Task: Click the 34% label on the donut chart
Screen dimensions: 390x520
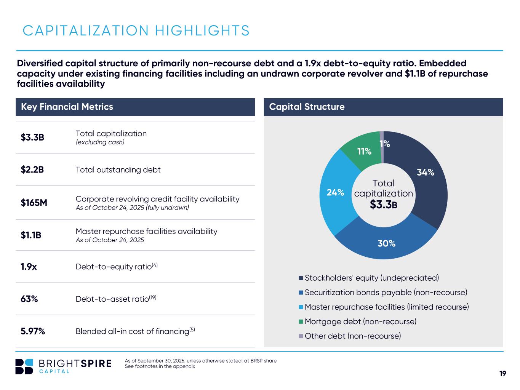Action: (426, 172)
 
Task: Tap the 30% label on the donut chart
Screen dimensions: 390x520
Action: (386, 243)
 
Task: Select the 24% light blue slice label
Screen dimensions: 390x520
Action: (335, 193)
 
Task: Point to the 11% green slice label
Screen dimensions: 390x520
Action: (364, 151)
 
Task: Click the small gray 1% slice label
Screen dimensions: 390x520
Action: (385, 144)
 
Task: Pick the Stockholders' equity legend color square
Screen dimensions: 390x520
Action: (301, 278)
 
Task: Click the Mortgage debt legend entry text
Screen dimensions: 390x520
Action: (360, 321)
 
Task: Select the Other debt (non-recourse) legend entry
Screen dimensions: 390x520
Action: (353, 336)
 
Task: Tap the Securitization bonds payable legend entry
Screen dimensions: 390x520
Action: (386, 292)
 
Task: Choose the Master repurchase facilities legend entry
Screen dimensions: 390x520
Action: (387, 307)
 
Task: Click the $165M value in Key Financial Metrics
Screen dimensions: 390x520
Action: (34, 203)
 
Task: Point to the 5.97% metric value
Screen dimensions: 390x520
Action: (33, 331)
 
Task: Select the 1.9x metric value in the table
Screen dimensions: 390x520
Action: (29, 267)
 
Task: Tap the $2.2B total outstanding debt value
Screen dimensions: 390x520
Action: (32, 170)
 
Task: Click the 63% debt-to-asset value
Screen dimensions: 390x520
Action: (29, 299)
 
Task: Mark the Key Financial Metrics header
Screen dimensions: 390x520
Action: (67, 107)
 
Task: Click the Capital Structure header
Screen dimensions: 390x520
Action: (307, 107)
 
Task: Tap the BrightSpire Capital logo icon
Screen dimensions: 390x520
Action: (24, 366)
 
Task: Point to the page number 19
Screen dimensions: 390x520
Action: (502, 374)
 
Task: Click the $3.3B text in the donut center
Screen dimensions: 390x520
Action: (384, 205)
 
